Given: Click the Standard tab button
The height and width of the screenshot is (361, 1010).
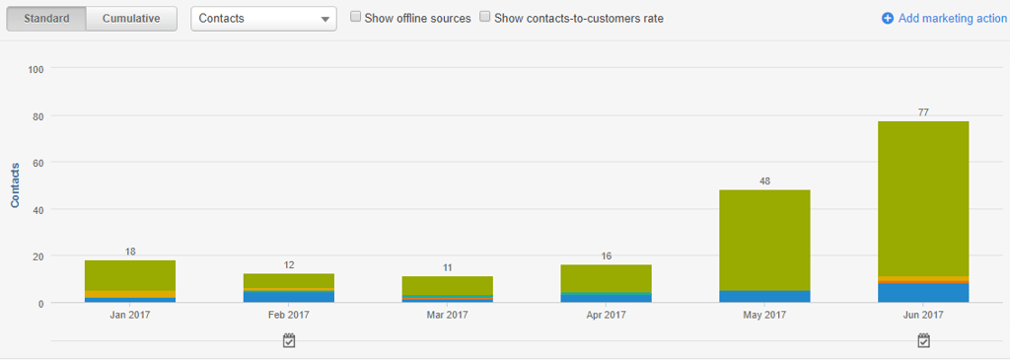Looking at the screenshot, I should (46, 19).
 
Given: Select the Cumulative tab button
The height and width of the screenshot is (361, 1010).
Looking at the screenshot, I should (131, 19).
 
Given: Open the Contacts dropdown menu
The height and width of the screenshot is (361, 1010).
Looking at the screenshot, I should (263, 19).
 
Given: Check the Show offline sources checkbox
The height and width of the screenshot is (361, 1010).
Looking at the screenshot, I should (356, 18).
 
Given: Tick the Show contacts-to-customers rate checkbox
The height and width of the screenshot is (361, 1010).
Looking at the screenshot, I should (485, 18).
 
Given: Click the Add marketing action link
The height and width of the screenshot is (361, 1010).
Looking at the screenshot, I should (944, 19).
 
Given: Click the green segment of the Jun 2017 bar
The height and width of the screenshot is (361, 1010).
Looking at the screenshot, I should (923, 197).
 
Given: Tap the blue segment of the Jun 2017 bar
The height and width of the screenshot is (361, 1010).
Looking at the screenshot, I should (923, 293).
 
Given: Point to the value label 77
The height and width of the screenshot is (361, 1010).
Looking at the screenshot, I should (924, 112).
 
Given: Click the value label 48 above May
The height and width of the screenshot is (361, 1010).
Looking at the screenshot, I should (764, 180).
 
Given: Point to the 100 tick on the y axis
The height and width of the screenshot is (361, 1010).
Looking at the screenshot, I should (36, 69).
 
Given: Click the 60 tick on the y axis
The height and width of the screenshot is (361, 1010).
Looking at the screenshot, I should (36, 163).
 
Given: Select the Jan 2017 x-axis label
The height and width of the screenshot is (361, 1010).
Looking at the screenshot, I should (130, 315).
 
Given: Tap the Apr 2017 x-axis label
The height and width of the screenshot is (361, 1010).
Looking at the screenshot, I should (606, 315).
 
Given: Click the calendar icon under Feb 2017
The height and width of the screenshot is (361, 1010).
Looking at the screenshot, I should (289, 340).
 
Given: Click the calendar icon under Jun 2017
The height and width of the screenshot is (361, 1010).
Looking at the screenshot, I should (923, 340).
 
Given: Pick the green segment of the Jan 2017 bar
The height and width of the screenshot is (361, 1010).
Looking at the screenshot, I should (130, 275).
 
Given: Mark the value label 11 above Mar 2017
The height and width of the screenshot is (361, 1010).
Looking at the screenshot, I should (447, 267).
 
